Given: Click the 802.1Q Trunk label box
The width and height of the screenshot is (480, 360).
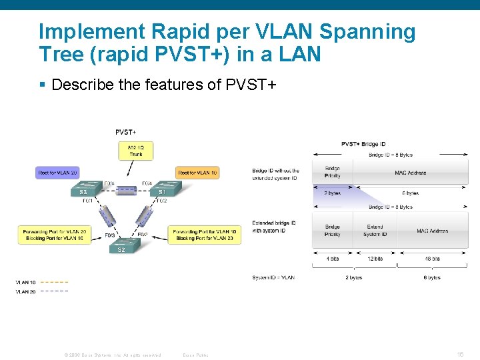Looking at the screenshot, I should [135, 151].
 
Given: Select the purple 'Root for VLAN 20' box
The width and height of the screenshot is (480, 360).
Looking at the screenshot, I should [58, 173].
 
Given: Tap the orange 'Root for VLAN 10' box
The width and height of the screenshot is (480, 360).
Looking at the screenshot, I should [197, 173].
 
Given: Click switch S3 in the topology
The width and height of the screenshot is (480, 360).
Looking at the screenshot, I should [84, 191].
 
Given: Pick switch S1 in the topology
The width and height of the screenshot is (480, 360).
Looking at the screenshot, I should [161, 191].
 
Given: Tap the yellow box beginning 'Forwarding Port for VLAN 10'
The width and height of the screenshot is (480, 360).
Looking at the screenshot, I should [204, 235].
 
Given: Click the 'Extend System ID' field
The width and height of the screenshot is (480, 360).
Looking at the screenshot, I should [375, 231].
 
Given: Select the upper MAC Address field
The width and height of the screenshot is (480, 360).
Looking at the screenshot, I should [411, 172].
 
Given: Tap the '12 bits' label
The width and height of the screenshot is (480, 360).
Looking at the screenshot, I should [375, 259].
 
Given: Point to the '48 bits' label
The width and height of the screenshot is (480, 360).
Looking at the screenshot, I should [431, 259].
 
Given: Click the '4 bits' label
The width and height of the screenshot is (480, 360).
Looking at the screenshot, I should [332, 259].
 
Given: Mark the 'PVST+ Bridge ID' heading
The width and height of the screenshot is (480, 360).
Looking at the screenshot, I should [363, 144].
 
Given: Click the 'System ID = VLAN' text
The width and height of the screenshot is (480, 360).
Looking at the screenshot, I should [273, 277].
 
